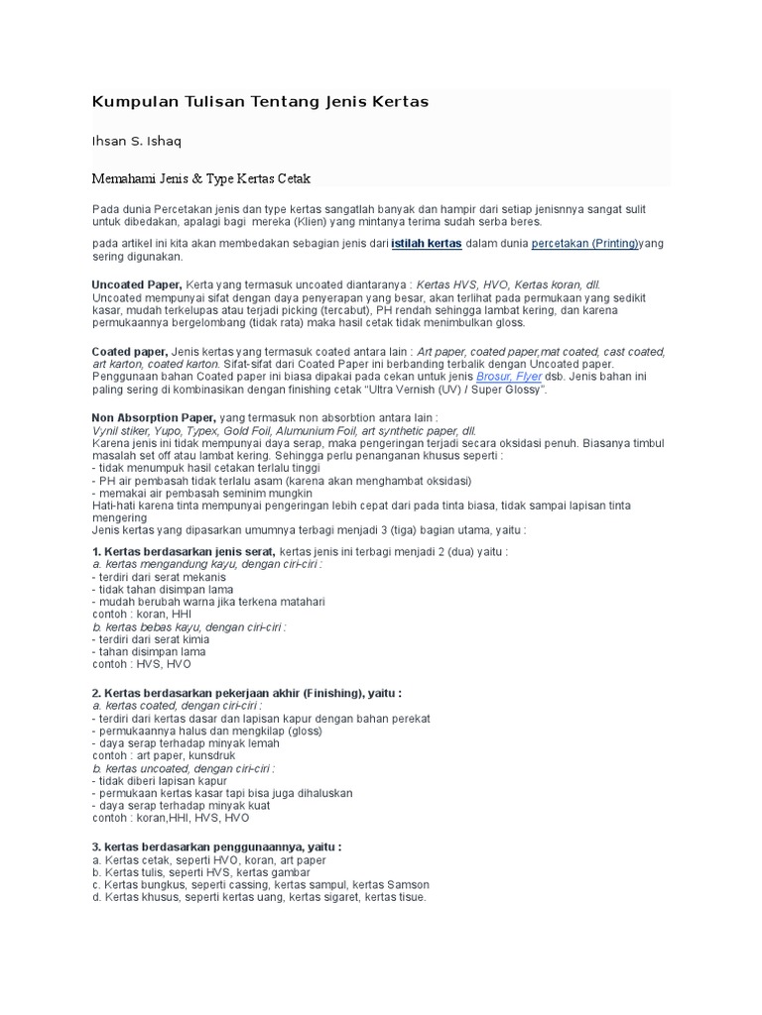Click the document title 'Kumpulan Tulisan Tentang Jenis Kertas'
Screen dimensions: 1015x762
pos(260,102)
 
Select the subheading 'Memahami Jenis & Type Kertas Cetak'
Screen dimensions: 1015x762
pos(201,178)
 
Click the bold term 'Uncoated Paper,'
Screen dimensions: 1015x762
pos(136,284)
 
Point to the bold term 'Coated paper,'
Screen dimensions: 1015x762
pos(130,352)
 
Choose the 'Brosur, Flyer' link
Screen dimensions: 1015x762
pos(509,378)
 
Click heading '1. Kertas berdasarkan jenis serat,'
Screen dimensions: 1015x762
pos(184,551)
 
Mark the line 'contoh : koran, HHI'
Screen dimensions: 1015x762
pos(142,615)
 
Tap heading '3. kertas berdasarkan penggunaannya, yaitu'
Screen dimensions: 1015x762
pos(216,846)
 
